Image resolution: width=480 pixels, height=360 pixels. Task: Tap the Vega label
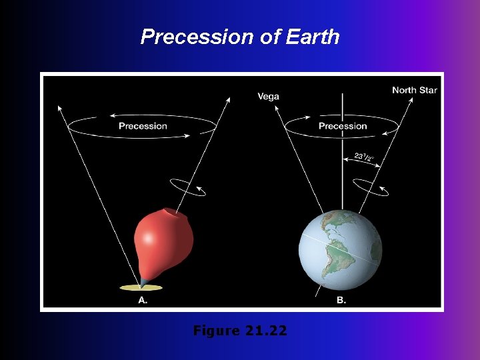[269, 97]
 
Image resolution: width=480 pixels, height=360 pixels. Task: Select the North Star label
[414, 90]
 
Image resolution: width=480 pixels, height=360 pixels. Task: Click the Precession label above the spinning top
[143, 126]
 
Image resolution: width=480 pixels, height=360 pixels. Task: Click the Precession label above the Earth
[343, 126]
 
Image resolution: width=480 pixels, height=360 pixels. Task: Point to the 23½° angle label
[363, 159]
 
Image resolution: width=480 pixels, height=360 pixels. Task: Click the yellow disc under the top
[141, 287]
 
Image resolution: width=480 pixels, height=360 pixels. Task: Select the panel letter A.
[143, 301]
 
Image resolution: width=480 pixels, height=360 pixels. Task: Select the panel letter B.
[341, 301]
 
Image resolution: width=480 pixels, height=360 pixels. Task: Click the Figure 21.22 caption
[240, 330]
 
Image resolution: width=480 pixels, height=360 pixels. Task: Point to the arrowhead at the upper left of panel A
[60, 107]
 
